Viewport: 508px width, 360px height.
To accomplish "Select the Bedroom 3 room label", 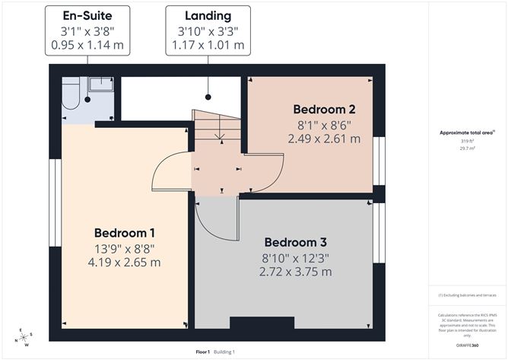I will (295, 244).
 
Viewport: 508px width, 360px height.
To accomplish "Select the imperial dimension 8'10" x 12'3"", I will (295, 258).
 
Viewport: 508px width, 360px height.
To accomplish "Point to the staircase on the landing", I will (216, 129).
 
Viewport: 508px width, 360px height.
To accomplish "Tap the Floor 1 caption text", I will (202, 352).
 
